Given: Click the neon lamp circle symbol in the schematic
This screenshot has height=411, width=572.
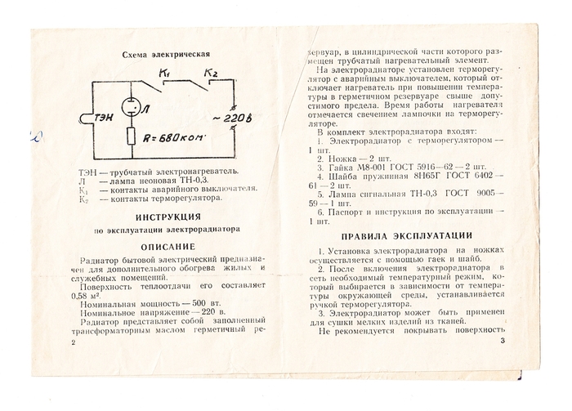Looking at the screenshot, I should pos(131,109).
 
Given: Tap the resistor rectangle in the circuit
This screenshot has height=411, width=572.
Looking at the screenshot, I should pos(132,138).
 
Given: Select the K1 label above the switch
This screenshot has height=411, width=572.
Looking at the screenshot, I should pos(164,74).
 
